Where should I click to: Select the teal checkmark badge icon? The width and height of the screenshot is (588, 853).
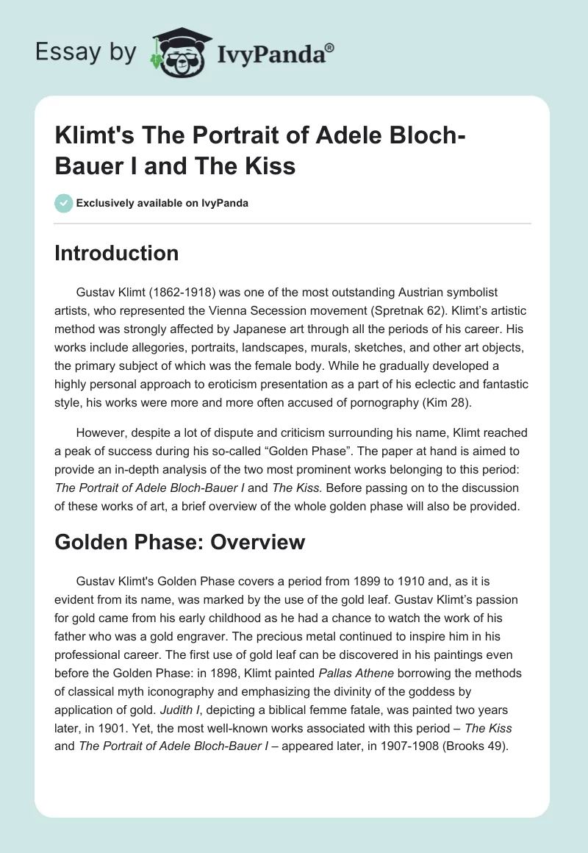pyautogui.click(x=64, y=203)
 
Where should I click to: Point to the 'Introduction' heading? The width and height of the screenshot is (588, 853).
pyautogui.click(x=117, y=253)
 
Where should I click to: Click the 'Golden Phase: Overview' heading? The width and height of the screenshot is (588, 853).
pyautogui.click(x=179, y=542)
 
